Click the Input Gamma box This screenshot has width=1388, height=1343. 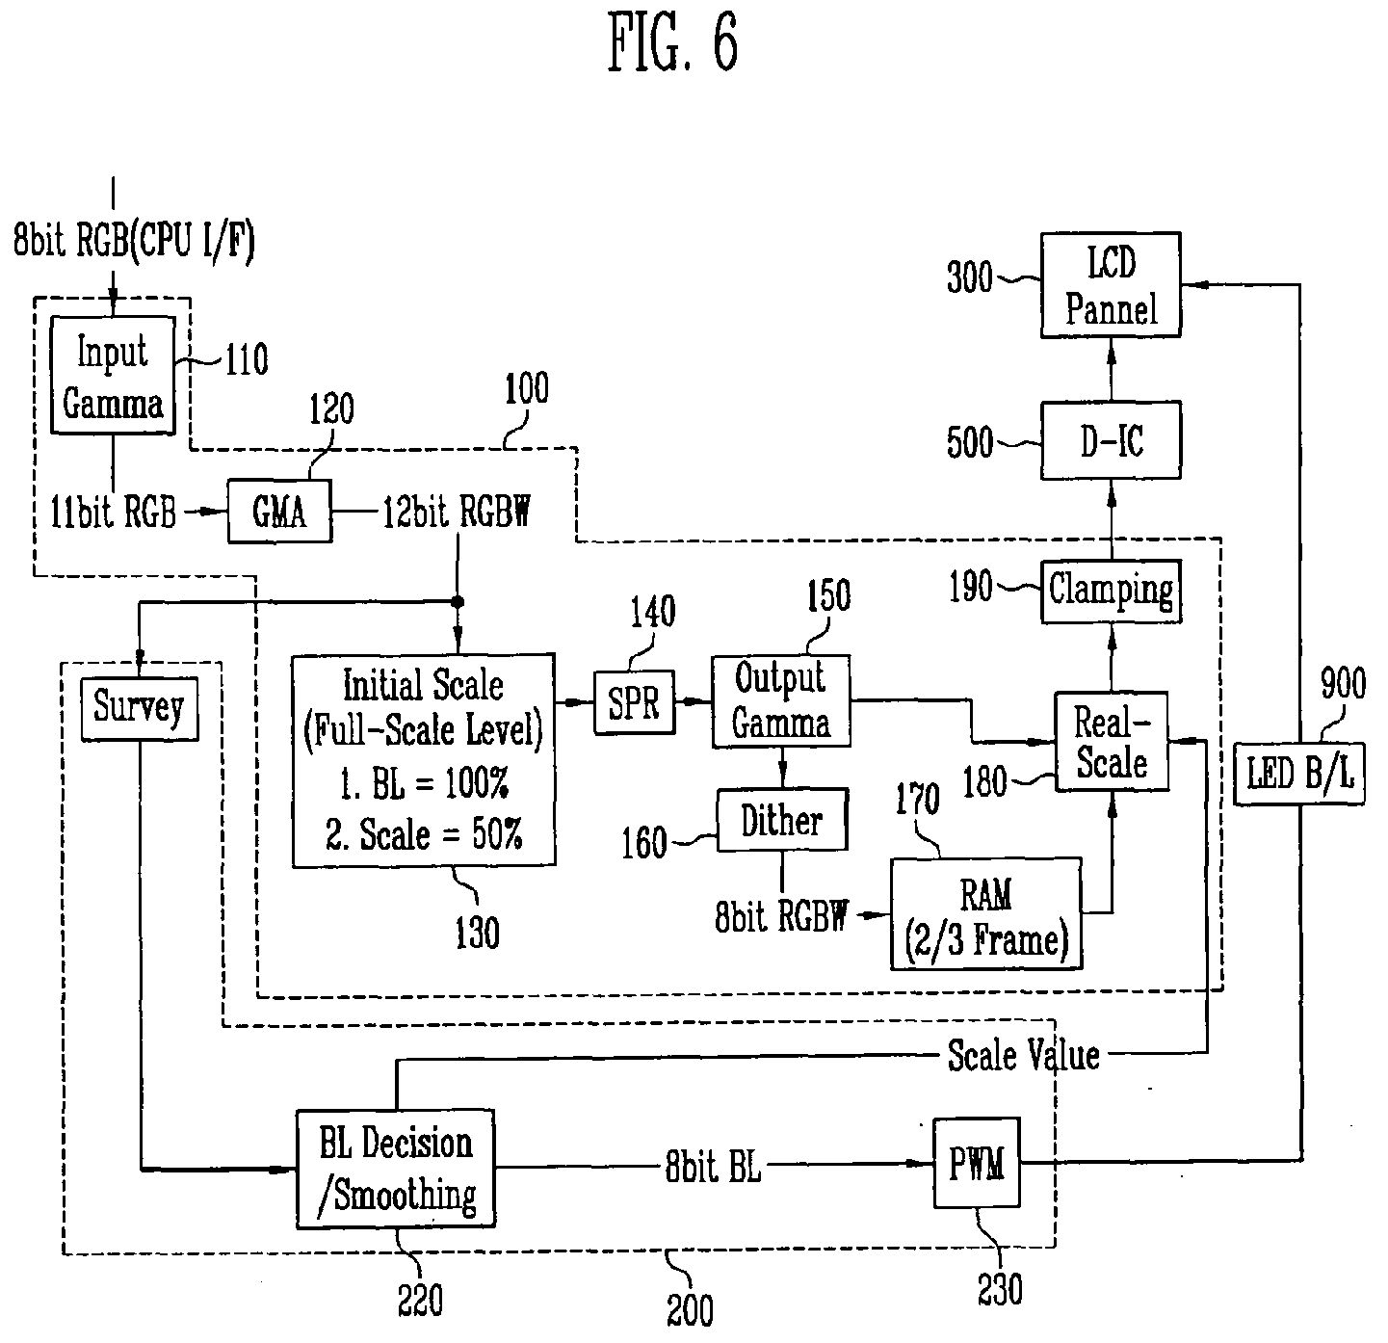(x=113, y=375)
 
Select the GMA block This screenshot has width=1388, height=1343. (x=279, y=512)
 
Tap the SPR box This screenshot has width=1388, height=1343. (x=634, y=701)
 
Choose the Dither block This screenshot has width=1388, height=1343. (x=782, y=820)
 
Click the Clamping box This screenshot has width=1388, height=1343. (x=1112, y=592)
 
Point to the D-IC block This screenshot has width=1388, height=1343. (x=1111, y=440)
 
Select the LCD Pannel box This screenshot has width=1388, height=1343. (x=1111, y=284)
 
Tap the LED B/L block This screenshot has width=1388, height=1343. (x=1299, y=774)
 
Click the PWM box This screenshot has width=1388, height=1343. (x=977, y=1163)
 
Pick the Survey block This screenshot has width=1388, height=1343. (x=139, y=709)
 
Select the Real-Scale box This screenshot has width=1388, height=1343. (x=1112, y=741)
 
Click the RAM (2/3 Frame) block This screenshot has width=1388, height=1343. (x=986, y=913)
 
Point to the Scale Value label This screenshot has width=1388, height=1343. (x=1024, y=1055)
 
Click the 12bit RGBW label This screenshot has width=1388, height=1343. (x=458, y=512)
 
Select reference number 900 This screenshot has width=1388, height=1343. (x=1343, y=682)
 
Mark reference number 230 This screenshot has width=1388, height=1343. (x=1000, y=1289)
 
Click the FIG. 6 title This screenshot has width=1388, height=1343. (x=672, y=42)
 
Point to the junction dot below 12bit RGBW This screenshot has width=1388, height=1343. (x=458, y=602)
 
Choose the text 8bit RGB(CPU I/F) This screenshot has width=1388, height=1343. (x=134, y=240)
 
